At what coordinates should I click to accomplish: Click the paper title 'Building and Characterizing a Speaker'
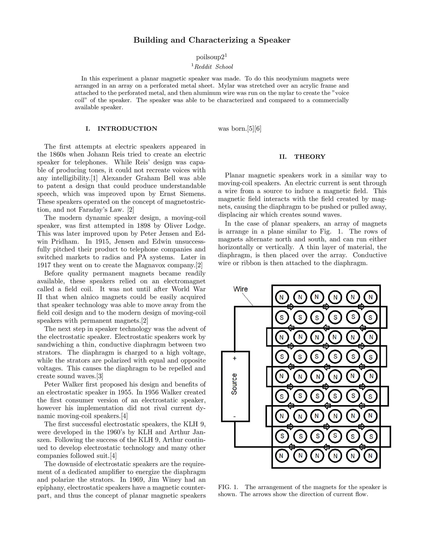tap(212, 40)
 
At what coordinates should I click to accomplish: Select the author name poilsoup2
tap(210, 57)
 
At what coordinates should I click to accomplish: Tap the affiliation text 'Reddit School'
tap(214, 67)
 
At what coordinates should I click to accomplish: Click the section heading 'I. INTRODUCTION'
tap(121, 129)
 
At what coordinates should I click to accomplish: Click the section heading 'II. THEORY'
tap(302, 157)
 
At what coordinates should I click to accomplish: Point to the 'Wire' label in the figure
tap(241, 289)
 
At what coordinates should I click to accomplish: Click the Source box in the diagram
tap(235, 386)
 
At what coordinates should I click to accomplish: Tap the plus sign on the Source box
tap(235, 359)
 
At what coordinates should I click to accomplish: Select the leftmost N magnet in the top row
tap(282, 297)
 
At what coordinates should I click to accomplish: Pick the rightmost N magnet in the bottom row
tap(370, 456)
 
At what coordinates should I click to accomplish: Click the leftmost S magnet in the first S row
tap(282, 318)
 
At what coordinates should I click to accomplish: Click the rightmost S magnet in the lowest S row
tap(371, 437)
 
